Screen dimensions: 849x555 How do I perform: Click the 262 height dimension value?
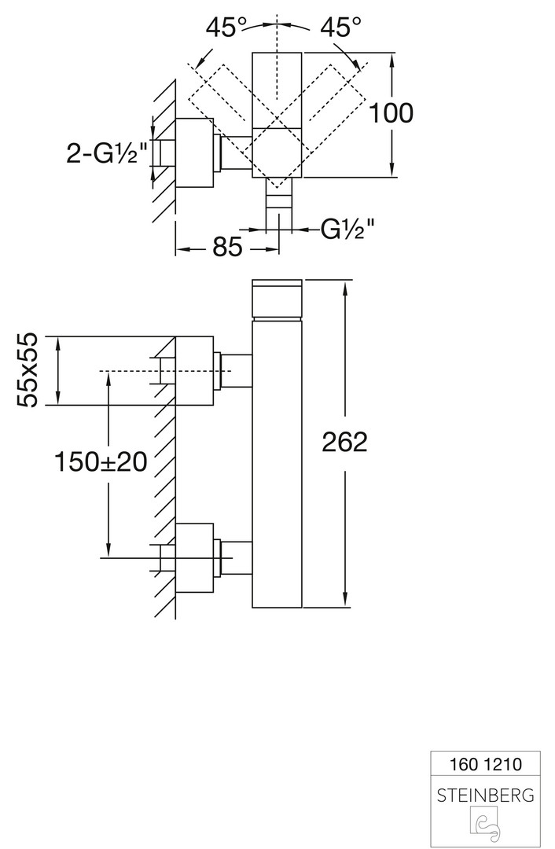click(x=344, y=443)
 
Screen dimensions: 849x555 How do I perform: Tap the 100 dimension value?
click(x=391, y=113)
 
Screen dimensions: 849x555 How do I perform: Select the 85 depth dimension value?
click(x=226, y=249)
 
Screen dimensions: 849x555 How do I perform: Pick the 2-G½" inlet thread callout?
click(x=107, y=154)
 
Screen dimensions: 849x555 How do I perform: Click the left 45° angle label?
click(x=222, y=28)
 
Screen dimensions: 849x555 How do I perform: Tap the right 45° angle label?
click(x=340, y=28)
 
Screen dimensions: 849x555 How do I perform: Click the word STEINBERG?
click(x=483, y=796)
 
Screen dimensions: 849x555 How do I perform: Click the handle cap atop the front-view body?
click(x=277, y=300)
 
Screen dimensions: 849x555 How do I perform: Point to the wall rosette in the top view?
click(x=194, y=153)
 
